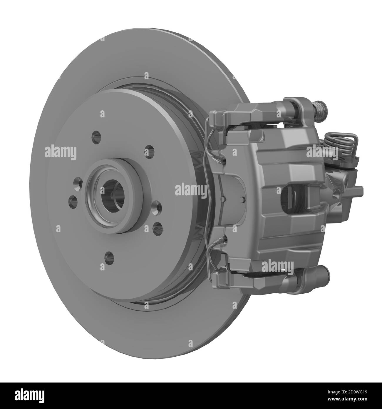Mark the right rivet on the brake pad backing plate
click(x=243, y=199)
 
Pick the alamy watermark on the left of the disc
click(x=60, y=152)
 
